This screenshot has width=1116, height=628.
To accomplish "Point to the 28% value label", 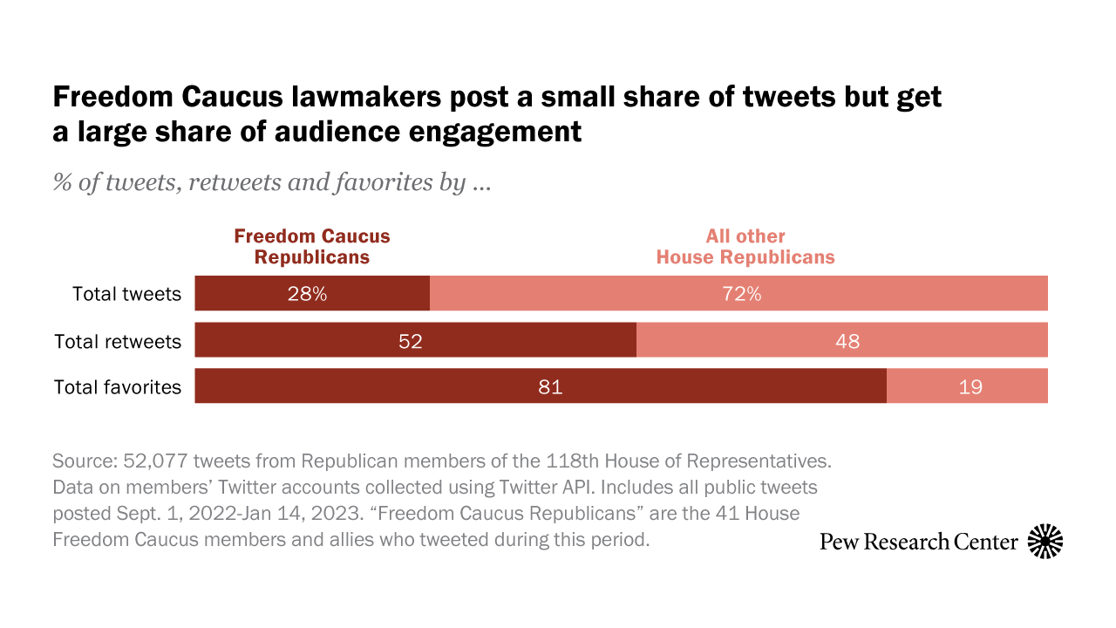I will coord(308,294).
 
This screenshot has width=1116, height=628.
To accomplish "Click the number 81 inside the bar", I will coord(550,387).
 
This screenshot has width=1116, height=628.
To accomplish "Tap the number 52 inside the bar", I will coord(411,341).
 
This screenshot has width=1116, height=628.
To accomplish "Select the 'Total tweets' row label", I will coord(127,294).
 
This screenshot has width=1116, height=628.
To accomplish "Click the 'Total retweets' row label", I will coord(118,341).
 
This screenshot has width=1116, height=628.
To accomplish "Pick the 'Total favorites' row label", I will coord(118,387).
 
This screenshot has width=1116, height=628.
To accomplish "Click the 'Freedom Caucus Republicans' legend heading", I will coord(312,247).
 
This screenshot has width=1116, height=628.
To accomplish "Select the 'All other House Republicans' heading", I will coord(745,247).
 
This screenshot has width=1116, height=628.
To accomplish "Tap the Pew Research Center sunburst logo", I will coord(1045,542).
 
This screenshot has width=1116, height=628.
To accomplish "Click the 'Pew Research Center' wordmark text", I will coord(919,542).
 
